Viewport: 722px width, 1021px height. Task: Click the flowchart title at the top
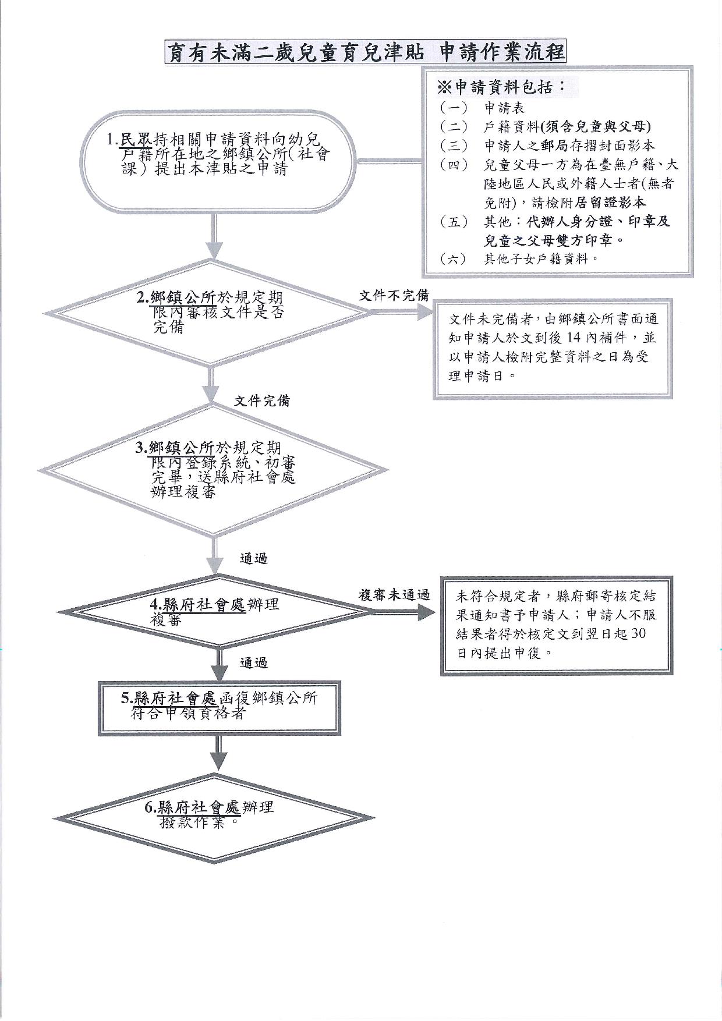tap(366, 52)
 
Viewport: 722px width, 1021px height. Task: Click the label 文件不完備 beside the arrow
tap(394, 296)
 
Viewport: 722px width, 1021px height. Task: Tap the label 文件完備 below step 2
tap(261, 401)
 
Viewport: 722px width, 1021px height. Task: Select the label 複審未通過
tap(394, 595)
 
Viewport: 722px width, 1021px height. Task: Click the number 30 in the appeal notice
tap(638, 634)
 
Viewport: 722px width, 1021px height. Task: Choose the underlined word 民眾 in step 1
tap(136, 140)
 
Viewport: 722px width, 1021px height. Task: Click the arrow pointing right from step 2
tap(402, 313)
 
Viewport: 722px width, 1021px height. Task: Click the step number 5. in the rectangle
tap(126, 697)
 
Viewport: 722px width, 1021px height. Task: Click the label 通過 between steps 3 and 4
tap(254, 559)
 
